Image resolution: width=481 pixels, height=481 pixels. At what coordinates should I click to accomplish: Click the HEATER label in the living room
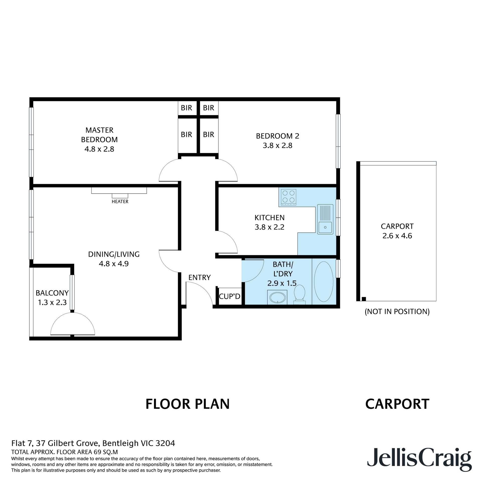point(120,201)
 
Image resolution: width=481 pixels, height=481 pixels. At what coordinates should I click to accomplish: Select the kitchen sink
point(325,219)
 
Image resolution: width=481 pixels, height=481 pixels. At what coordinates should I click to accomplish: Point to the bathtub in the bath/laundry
point(324,282)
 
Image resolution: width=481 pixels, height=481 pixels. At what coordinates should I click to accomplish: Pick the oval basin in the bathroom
point(278,297)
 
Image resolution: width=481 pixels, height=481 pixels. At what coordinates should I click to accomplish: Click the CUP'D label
point(230,296)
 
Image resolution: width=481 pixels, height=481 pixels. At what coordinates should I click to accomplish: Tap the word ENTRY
point(199,277)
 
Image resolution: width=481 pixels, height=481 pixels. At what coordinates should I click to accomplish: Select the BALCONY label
point(52,293)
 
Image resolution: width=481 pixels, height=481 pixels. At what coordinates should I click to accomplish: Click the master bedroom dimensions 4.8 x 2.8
point(99,149)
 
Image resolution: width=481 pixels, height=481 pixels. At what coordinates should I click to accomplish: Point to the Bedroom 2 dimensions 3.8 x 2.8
point(278,146)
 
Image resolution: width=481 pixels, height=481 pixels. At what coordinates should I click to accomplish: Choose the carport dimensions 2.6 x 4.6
point(397,236)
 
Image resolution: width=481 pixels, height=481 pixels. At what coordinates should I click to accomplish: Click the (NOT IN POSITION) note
point(397,311)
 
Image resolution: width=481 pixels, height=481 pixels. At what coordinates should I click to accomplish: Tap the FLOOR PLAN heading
point(188,404)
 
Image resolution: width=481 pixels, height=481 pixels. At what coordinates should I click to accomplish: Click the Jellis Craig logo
point(420,458)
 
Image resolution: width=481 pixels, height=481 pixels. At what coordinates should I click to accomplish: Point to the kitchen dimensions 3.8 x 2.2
point(270,227)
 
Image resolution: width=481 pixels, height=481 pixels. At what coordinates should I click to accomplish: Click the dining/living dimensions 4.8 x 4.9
point(114,264)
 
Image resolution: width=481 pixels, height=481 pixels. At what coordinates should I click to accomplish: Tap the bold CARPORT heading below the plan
point(397,404)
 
